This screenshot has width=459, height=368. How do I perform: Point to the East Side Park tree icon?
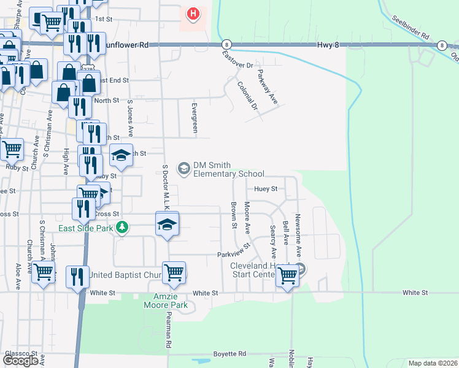(x=123, y=228)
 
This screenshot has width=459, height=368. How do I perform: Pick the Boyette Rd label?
(x=229, y=354)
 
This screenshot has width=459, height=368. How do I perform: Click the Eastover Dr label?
(x=237, y=61)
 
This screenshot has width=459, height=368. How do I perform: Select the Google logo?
(x=21, y=361)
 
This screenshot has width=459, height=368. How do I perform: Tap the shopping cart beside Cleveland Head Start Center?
(x=287, y=275)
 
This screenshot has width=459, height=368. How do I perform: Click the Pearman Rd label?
(x=168, y=332)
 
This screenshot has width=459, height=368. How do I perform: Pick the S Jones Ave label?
(x=130, y=119)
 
